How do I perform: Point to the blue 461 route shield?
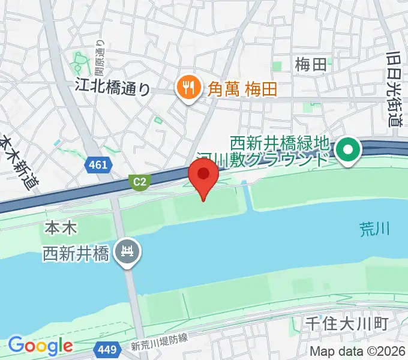[97, 164]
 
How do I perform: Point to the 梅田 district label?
[311, 64]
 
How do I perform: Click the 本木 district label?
[59, 229]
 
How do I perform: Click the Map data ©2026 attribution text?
[358, 351]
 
